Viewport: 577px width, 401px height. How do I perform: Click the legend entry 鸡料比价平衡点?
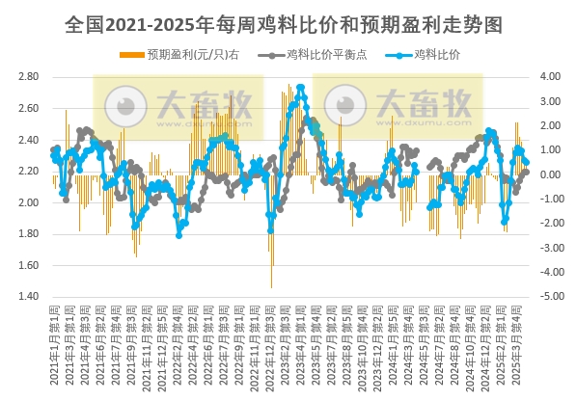pos(312,55)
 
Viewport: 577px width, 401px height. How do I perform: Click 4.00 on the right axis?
pos(550,76)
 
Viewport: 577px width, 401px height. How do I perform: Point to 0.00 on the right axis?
pos(550,174)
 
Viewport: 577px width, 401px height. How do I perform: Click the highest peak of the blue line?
pos(301,88)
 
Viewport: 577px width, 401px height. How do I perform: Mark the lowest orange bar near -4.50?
pos(271,285)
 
